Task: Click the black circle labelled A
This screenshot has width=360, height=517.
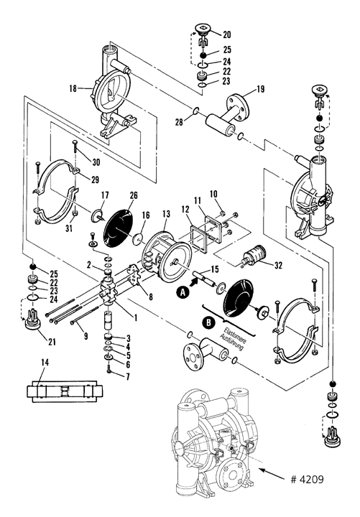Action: tap(183, 292)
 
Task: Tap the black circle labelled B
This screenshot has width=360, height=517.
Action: tap(208, 322)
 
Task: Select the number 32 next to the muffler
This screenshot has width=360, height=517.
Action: tap(279, 265)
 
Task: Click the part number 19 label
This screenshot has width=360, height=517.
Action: tap(261, 89)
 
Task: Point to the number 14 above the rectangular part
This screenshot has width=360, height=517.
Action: tap(45, 363)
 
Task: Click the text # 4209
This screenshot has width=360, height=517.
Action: tap(308, 479)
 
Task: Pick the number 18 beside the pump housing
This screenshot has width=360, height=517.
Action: tap(73, 88)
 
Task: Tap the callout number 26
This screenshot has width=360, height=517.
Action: tap(134, 195)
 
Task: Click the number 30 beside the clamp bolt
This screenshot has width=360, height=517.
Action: tap(96, 162)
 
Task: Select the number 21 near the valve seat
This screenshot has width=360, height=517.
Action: tap(52, 342)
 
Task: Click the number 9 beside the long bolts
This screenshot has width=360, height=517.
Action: tap(86, 336)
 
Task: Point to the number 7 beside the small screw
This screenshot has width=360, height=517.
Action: tap(128, 376)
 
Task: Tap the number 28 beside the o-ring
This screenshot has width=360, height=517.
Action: tap(179, 122)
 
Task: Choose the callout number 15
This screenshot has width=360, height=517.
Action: tap(214, 269)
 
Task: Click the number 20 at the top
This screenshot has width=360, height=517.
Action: tap(226, 34)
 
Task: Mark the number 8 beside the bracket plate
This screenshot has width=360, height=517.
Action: tap(150, 297)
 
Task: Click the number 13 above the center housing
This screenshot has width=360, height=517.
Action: tap(166, 214)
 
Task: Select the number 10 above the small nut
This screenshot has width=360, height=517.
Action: tap(213, 194)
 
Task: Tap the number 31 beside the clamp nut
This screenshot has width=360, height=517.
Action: tap(69, 228)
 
